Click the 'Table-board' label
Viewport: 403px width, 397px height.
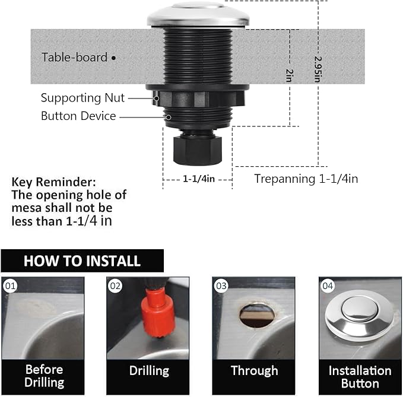coord(74,58)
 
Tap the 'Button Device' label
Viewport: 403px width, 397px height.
coord(78,116)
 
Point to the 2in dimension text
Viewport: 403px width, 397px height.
coord(289,75)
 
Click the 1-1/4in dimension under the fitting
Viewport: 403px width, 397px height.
coord(198,178)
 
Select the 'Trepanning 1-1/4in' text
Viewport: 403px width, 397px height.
coord(306,178)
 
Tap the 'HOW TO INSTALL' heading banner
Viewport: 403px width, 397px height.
coord(82,261)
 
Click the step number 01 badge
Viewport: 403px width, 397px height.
coord(10,286)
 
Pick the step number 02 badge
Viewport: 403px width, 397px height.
coord(116,286)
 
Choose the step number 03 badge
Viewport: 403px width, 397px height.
coord(221,286)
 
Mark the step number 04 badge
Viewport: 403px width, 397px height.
coord(328,286)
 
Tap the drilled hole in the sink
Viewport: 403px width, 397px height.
coord(256,315)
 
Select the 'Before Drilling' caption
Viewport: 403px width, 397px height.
coord(44,376)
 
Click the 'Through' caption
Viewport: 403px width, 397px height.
coord(254,371)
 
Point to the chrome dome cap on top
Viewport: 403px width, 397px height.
coord(198,14)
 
